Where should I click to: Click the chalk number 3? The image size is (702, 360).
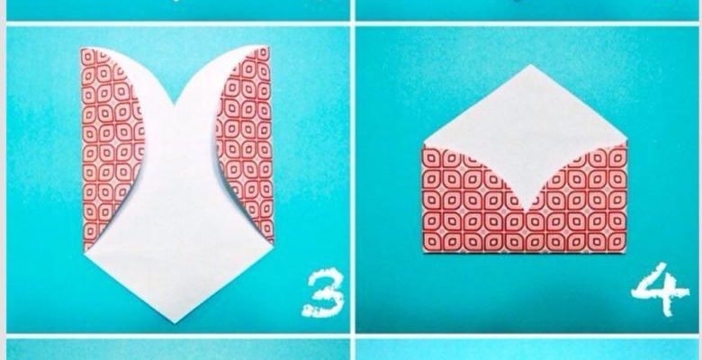[x=324, y=293]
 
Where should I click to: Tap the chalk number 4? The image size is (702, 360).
[x=660, y=290]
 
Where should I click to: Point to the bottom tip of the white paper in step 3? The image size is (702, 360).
[x=175, y=322]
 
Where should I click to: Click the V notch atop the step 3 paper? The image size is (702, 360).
[x=174, y=105]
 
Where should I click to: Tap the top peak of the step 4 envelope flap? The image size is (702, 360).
[x=530, y=65]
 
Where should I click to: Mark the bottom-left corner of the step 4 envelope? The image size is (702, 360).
[x=424, y=252]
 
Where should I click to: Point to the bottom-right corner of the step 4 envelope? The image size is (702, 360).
[x=625, y=251]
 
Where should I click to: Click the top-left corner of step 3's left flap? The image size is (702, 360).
[x=82, y=49]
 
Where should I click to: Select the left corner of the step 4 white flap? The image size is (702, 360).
[x=423, y=145]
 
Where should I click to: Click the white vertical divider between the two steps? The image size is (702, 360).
[x=353, y=179]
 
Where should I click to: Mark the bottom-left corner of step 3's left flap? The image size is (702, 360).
[x=85, y=251]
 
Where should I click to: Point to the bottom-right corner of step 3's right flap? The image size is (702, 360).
[x=273, y=244]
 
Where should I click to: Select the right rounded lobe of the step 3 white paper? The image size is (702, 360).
[x=215, y=72]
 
